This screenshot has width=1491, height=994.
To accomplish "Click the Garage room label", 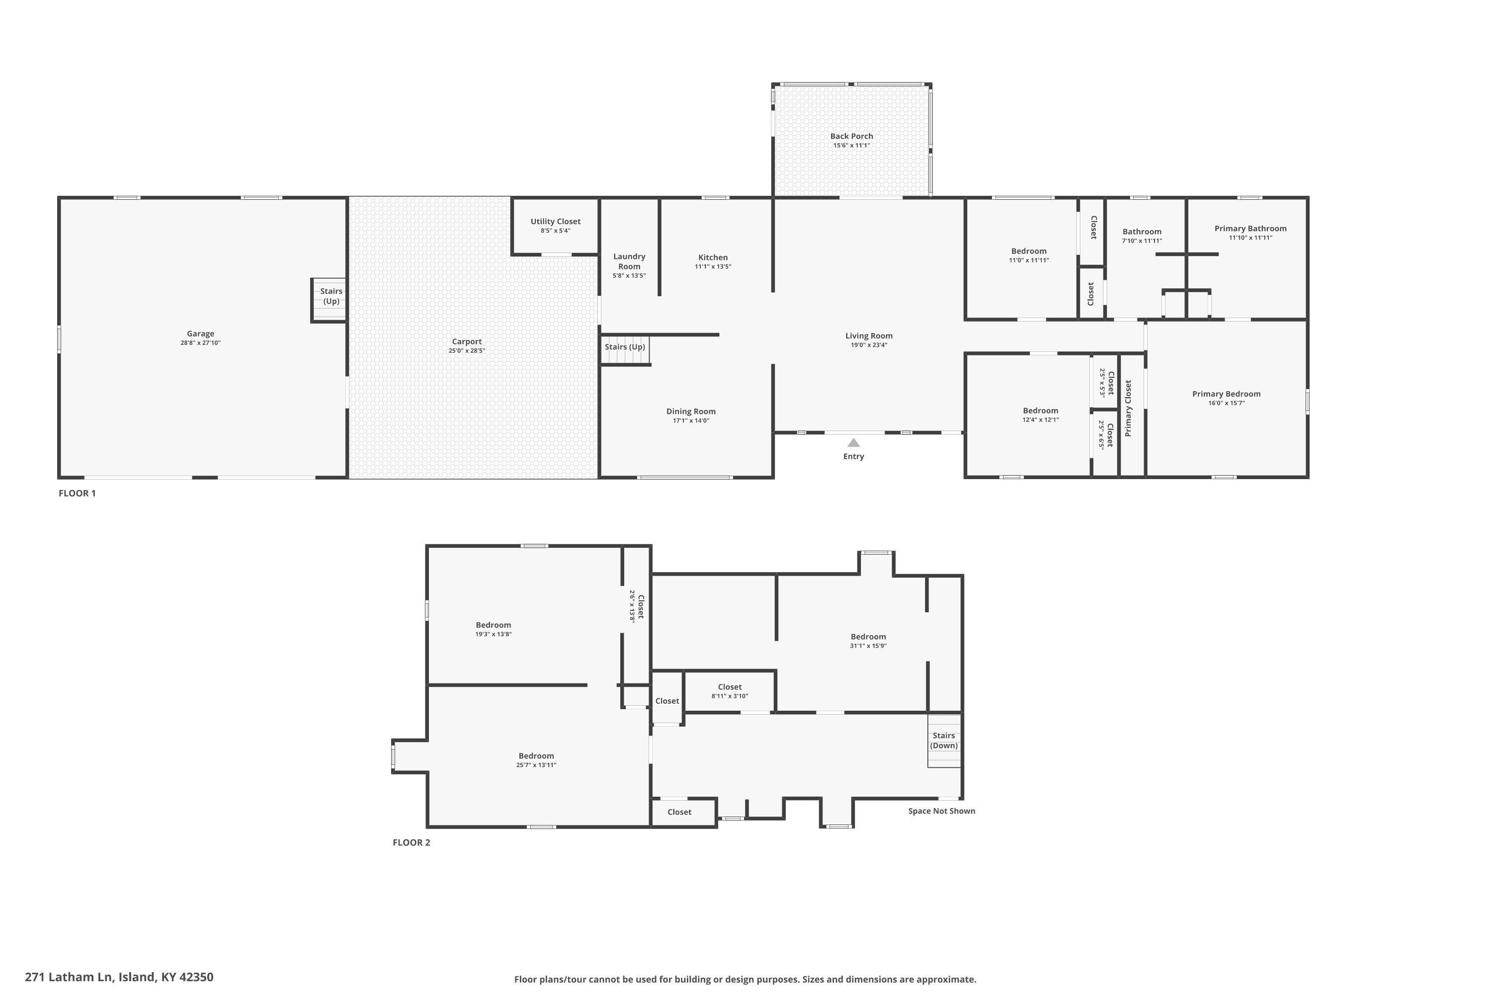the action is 200,333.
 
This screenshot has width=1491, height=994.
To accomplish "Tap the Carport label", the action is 467,342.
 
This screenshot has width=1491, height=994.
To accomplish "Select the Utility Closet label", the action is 555,221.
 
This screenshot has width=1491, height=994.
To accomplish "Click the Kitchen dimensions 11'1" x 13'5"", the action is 713,267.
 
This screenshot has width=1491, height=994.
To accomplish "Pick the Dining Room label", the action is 690,412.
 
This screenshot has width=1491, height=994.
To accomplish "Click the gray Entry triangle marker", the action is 853,442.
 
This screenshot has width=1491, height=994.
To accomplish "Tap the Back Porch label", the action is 851,136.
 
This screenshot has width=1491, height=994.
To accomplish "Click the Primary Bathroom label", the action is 1250,229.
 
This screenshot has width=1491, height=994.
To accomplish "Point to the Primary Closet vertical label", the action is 1128,408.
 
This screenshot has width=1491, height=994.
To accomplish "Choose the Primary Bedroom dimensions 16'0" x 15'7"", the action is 1226,403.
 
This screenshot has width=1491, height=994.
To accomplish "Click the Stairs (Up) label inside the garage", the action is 331,296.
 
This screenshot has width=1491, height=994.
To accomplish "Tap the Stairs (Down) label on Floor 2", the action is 943,741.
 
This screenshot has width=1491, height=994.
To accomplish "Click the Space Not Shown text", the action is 941,811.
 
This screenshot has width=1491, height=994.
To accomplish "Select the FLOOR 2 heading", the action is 412,842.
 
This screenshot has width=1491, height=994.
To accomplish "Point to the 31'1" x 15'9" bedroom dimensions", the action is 868,646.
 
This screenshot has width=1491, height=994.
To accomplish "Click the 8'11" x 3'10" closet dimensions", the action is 730,696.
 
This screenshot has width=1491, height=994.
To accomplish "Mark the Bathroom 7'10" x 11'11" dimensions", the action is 1142,241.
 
